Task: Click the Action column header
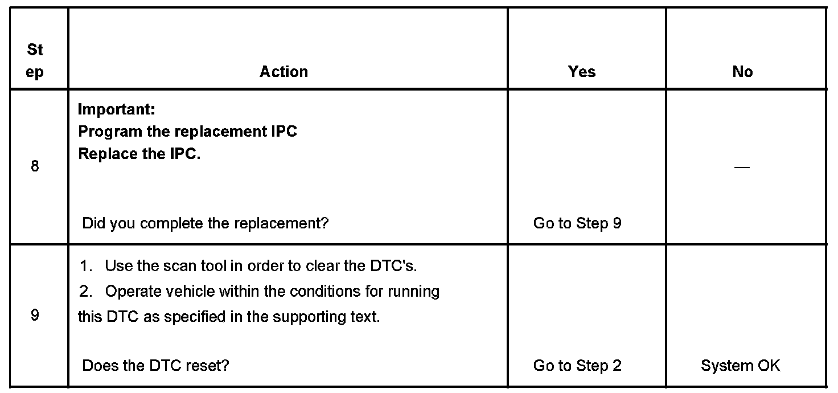click(x=284, y=72)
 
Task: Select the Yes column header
click(x=582, y=72)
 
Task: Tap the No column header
click(x=742, y=72)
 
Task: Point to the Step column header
click(x=35, y=61)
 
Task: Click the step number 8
click(x=35, y=167)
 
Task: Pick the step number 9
click(x=35, y=315)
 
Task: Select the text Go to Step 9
click(x=577, y=223)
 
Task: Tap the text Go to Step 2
click(x=577, y=365)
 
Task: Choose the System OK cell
click(x=740, y=365)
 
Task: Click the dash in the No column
click(x=742, y=167)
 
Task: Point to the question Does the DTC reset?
click(x=155, y=365)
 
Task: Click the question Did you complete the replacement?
click(x=206, y=223)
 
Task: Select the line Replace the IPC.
click(x=139, y=154)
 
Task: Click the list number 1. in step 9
click(x=86, y=266)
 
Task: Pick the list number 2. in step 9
click(x=86, y=292)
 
